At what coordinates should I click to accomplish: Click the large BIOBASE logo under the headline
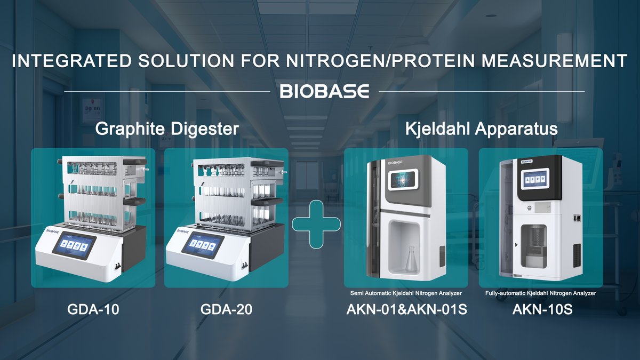point(324,91)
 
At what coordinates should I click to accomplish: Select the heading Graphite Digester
point(166,129)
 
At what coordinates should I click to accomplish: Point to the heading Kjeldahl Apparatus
point(482,129)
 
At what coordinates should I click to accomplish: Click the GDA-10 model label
point(93,309)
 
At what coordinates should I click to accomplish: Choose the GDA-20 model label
point(226,309)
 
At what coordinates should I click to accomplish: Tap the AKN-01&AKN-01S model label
point(406,309)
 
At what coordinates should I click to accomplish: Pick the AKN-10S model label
point(542,309)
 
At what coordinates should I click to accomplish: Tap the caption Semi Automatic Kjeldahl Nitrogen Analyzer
point(406,293)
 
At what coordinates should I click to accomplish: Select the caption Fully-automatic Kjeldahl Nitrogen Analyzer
point(541,293)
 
